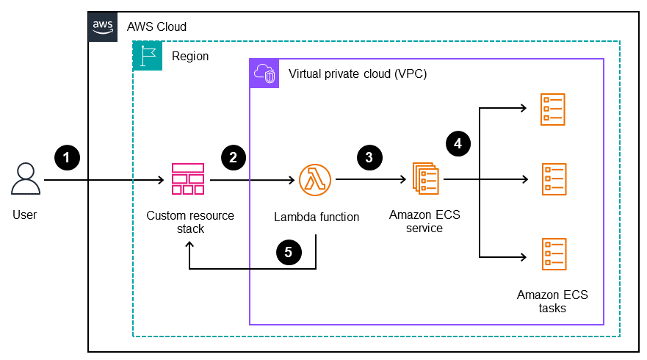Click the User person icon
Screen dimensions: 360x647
[x=25, y=179]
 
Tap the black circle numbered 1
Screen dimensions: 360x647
[x=67, y=156]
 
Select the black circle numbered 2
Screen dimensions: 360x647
[x=233, y=156]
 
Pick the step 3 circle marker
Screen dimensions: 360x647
[x=369, y=156]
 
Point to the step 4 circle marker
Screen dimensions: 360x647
[x=458, y=143]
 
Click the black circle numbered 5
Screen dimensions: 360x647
[x=288, y=252]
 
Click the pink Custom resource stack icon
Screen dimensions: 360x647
[x=187, y=179]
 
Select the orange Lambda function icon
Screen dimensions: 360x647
[x=315, y=179]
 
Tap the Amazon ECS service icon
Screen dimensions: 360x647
[x=425, y=179]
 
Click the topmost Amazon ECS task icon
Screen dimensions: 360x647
[x=553, y=109]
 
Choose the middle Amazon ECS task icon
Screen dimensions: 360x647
[x=553, y=179]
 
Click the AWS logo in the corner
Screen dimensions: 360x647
[x=102, y=26]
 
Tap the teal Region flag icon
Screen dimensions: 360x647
[x=147, y=56]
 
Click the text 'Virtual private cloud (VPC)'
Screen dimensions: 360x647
[x=358, y=74]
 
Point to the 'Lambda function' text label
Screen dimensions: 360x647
[x=317, y=217]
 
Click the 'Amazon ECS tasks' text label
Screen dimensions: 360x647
[x=552, y=301]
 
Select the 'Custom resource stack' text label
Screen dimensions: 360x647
[x=190, y=222]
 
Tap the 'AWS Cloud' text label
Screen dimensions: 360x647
[x=156, y=26]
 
